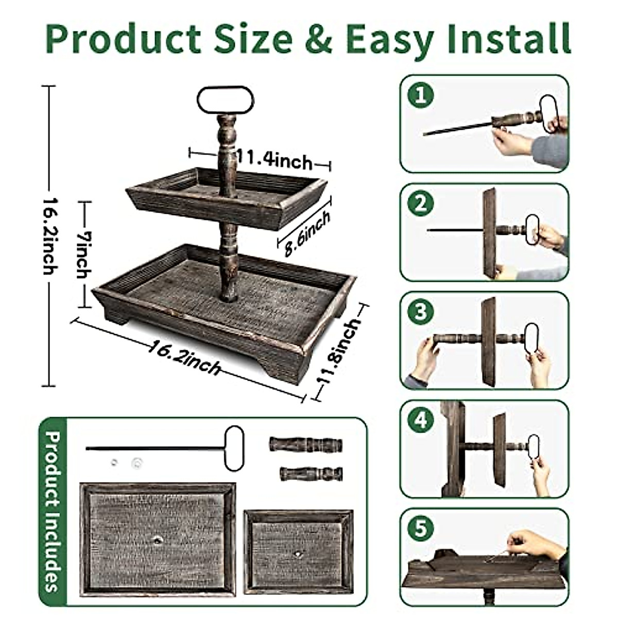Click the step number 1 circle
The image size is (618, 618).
coord(421,95)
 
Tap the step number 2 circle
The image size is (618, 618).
coord(421,204)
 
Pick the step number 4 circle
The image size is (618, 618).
coord(421,420)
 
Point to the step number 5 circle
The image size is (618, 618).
coord(421,529)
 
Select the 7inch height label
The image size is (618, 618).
coord(84,254)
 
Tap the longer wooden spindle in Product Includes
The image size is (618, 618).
coord(306,444)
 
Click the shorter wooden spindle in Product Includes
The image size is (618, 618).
coord(311,473)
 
